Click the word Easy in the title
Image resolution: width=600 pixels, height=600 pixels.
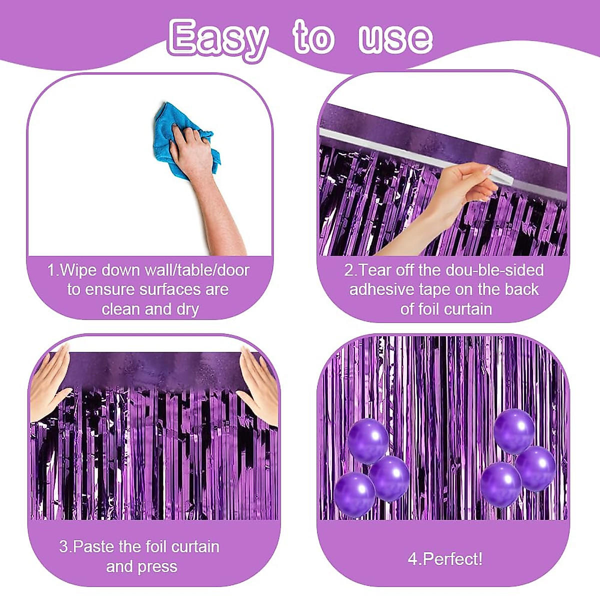[217, 38]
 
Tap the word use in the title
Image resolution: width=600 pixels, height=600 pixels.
[395, 38]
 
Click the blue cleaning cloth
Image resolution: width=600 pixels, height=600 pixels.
[182, 135]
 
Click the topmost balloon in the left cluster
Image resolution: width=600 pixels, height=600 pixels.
[368, 440]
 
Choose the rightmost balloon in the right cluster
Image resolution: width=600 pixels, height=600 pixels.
[535, 468]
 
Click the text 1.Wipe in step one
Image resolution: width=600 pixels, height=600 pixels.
[72, 270]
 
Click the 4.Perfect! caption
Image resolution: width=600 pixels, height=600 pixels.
[445, 558]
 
